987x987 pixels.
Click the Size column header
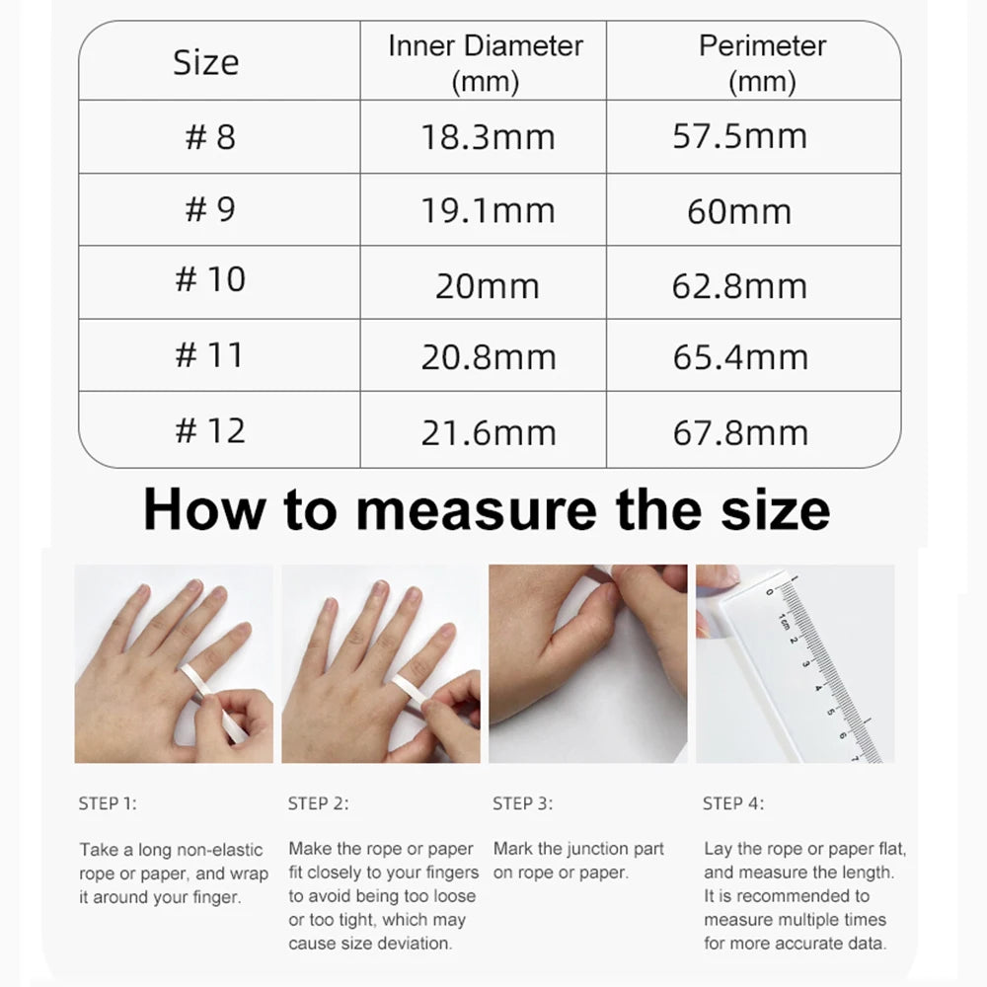tap(205, 62)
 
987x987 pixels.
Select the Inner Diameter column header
tap(485, 62)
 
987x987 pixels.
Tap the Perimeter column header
tap(762, 62)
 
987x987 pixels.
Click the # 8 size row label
tap(210, 136)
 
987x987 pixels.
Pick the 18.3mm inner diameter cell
tap(488, 137)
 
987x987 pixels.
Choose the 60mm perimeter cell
tap(739, 211)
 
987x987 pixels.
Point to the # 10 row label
tap(210, 279)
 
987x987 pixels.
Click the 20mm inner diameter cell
tap(488, 286)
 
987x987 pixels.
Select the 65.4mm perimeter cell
tap(740, 357)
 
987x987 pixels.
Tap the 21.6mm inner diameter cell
tap(488, 432)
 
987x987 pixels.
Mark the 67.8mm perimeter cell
tap(740, 432)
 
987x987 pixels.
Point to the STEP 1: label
tap(108, 803)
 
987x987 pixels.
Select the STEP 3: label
tap(522, 803)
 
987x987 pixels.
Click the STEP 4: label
tap(733, 803)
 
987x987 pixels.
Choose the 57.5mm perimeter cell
tap(740, 136)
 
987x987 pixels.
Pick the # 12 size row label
tap(210, 430)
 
